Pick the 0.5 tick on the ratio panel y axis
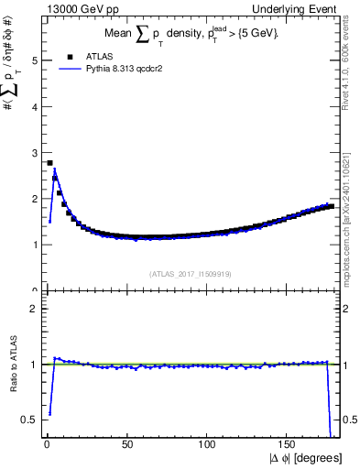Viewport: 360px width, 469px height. [33, 420]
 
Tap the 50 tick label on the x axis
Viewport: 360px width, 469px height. [125, 445]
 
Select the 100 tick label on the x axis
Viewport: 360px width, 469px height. [207, 445]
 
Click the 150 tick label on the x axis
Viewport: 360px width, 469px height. [289, 445]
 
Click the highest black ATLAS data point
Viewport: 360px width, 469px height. [49, 163]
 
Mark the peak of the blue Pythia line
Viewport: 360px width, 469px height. [55, 169]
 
